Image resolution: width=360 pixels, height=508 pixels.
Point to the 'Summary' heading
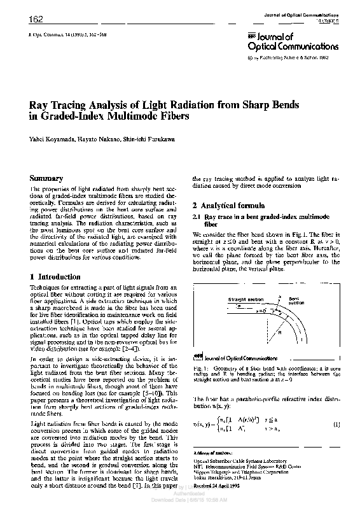(47, 179)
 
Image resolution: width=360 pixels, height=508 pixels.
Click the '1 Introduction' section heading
(56, 278)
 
